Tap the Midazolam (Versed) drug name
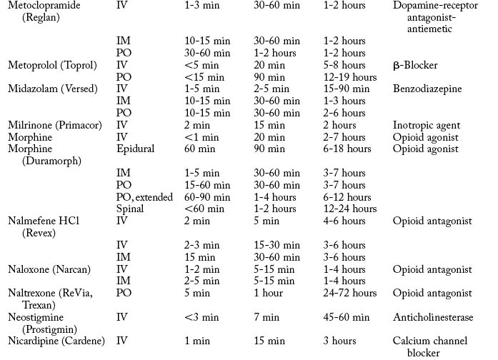(x=49, y=89)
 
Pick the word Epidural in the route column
(x=135, y=149)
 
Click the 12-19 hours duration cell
(x=350, y=77)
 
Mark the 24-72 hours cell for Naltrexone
(x=349, y=293)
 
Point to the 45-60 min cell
(x=347, y=316)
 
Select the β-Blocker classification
(x=415, y=65)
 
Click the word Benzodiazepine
(x=427, y=89)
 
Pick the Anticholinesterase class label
(x=433, y=316)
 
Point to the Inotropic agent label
(x=427, y=124)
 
